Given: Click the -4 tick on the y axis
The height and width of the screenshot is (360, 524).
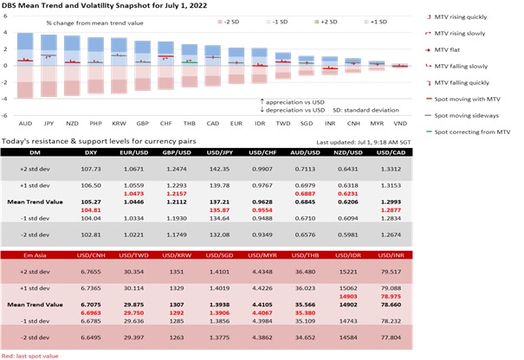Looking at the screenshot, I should click(6, 114).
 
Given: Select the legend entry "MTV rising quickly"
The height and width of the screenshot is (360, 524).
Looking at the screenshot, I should click(469, 16).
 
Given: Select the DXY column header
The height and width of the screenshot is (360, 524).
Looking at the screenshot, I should click(91, 152).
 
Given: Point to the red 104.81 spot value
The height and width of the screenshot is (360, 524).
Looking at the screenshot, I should click(91, 210).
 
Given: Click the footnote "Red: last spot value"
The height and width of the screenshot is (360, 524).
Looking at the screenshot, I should click(29, 355).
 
